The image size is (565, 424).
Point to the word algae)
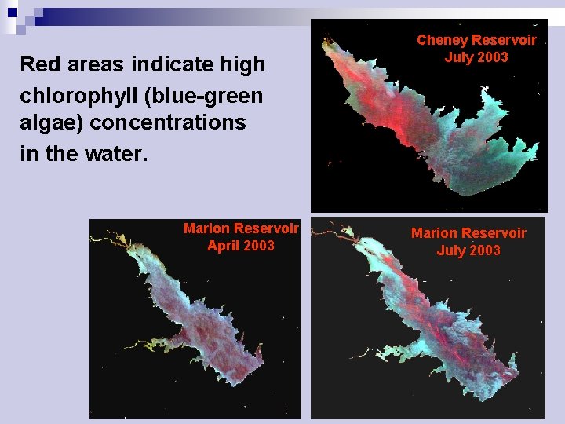pos(52,123)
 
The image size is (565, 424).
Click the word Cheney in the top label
pos(443,40)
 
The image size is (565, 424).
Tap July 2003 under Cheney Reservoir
pos(476,57)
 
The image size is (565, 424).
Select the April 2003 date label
pos(241,246)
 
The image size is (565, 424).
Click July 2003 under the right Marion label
pos(468,250)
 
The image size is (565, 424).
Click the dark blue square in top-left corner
pos(13,13)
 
